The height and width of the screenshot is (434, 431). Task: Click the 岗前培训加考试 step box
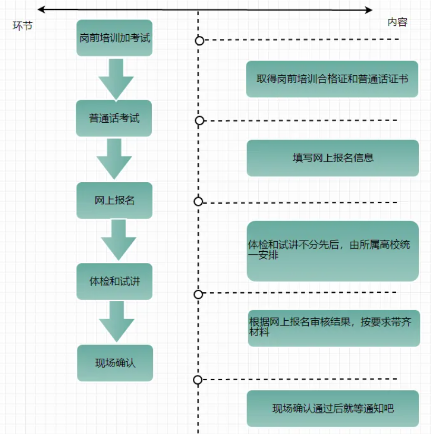[114, 38]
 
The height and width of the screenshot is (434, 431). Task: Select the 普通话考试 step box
[114, 118]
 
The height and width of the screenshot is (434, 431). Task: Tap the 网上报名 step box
[114, 201]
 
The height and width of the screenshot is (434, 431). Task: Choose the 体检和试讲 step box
[114, 281]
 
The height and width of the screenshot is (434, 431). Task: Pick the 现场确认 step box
[115, 363]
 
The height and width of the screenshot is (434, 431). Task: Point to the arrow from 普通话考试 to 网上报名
[114, 159]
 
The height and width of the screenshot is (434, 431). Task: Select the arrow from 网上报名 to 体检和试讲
[116, 240]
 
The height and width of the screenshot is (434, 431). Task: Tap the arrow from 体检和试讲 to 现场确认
[116, 321]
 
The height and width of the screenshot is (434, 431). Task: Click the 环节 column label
[23, 25]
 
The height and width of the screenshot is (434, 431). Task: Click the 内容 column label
[397, 22]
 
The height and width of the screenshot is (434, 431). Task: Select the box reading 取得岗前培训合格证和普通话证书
[332, 79]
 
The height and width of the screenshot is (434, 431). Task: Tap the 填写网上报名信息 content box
[332, 158]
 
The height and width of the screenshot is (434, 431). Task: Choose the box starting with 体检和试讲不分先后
[332, 251]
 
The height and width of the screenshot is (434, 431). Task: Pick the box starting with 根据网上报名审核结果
[334, 328]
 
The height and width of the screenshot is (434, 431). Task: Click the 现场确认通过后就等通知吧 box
[332, 408]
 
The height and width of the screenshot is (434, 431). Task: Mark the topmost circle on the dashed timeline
[199, 41]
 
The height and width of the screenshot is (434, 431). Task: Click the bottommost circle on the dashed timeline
[198, 380]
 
